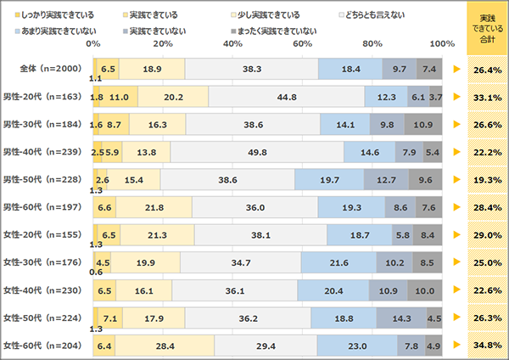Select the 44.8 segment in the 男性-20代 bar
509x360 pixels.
coord(262,97)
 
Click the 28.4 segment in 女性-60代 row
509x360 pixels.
coord(165,346)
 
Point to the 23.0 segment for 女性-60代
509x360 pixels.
coord(357,346)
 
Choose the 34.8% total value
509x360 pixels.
coord(484,346)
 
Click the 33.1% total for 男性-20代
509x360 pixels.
coord(484,97)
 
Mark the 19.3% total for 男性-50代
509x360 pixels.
coord(484,180)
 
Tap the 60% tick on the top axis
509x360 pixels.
coord(301,43)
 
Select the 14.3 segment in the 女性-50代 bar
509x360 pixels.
coord(393,318)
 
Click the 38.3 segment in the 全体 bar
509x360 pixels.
coord(250,70)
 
